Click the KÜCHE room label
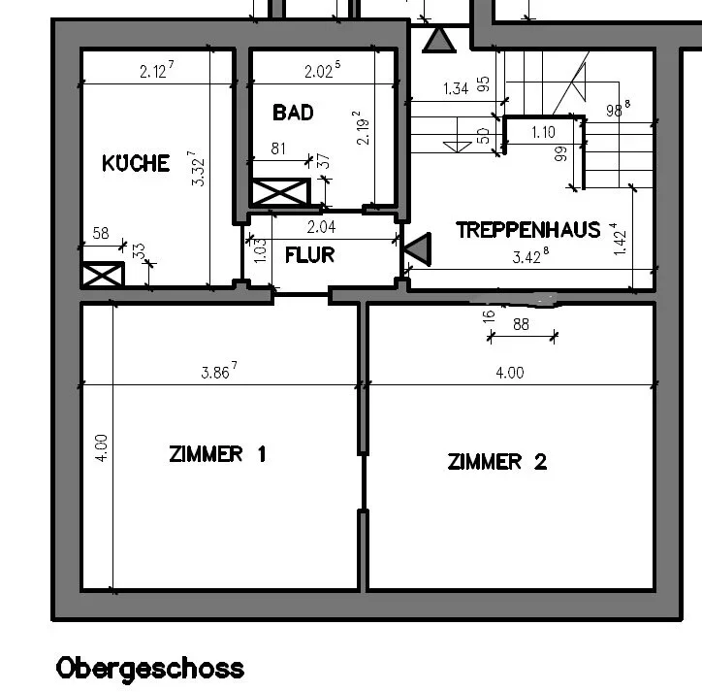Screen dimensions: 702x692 coord(136,163)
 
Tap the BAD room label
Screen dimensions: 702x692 coord(293,113)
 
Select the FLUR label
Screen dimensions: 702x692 coord(310,255)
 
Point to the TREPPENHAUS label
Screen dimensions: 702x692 coord(528,230)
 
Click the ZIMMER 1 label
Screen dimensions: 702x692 coord(217,454)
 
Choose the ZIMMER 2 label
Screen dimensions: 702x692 coord(497,462)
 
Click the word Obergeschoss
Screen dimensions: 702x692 coord(150,669)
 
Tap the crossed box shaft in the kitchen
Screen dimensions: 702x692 coord(103,275)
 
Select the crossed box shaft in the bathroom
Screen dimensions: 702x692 coord(281,192)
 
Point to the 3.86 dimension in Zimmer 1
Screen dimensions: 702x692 coord(219,371)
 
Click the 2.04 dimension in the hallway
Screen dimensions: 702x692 coord(321,227)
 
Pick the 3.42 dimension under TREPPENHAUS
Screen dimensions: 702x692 coord(530,256)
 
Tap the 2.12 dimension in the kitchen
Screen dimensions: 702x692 coord(156,70)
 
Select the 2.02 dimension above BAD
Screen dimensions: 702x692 coord(322,70)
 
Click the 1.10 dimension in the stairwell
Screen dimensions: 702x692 coord(543,132)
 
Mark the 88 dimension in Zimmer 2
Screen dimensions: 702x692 coord(521,324)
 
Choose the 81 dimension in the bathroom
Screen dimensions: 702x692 coord(278,148)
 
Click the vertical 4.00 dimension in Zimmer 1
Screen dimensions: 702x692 coord(102,448)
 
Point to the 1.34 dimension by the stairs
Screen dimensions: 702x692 coord(456,88)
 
